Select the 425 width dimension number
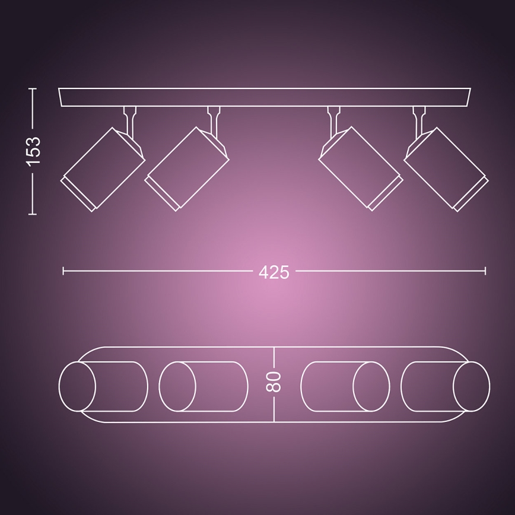click(x=274, y=272)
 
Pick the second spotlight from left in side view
click(x=187, y=168)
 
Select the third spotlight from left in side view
click(x=361, y=168)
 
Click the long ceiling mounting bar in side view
click(x=265, y=97)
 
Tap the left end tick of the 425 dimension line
click(x=63, y=271)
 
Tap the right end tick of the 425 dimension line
click(x=485, y=271)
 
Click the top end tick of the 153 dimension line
click(x=33, y=89)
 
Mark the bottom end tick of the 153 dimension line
click(x=33, y=214)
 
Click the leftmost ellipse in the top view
click(x=77, y=386)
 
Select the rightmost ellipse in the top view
click(x=471, y=386)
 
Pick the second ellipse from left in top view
click(x=177, y=386)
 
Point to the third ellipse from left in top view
click(x=371, y=386)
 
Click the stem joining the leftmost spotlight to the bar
click(x=130, y=119)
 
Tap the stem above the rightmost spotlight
click(x=419, y=119)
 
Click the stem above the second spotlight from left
click(x=214, y=119)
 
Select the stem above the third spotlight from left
click(x=334, y=119)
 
